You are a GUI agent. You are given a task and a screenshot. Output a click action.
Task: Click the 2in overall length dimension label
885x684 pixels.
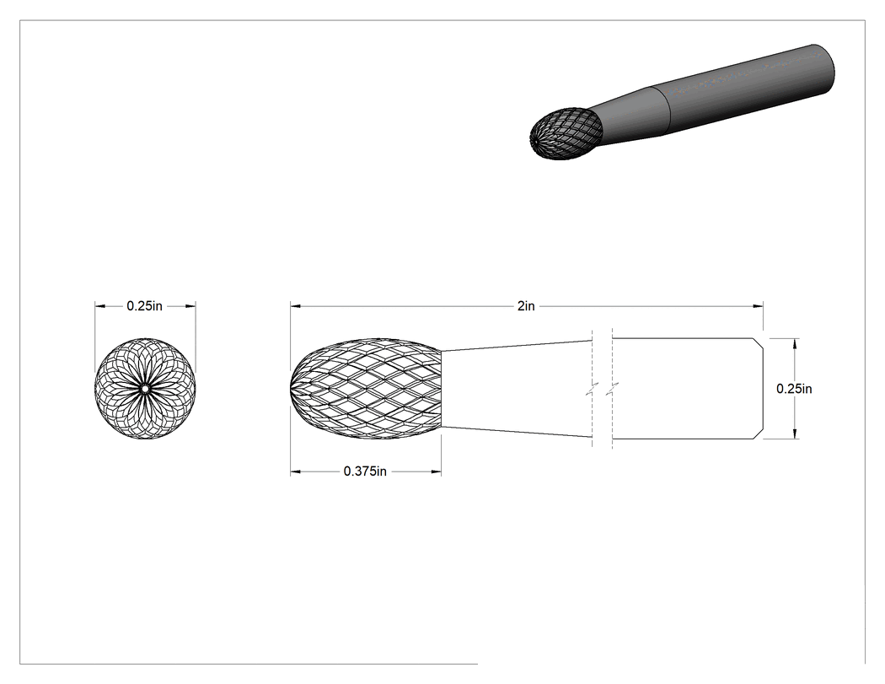click(x=525, y=306)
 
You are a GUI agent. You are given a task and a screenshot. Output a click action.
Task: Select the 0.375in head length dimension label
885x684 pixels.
click(x=365, y=471)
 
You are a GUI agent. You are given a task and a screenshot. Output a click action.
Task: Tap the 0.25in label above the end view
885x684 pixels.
click(x=144, y=306)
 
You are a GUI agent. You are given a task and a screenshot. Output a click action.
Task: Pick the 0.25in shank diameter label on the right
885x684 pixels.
click(x=794, y=389)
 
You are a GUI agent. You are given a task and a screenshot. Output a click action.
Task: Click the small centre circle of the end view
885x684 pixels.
click(x=145, y=389)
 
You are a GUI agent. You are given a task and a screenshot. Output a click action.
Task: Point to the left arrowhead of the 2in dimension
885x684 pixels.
click(x=296, y=306)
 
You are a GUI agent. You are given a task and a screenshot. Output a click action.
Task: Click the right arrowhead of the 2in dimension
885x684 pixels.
click(x=758, y=306)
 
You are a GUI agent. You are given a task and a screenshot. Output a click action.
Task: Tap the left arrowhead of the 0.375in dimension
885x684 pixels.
click(x=296, y=471)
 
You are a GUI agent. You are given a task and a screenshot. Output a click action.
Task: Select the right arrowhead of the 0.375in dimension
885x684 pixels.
click(x=436, y=471)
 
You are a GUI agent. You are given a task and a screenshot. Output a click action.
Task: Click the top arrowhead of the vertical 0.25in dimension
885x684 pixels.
click(x=795, y=343)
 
